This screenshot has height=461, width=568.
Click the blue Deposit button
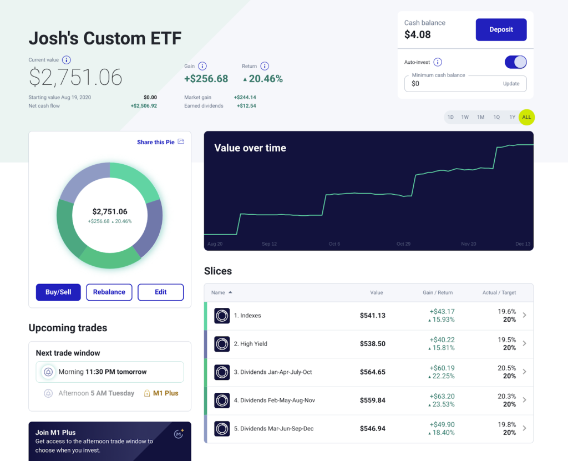[501, 29]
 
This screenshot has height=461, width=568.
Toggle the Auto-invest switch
[515, 62]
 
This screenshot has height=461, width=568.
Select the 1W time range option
[465, 117]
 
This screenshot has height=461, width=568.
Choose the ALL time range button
[526, 117]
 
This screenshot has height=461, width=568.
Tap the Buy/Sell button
[58, 292]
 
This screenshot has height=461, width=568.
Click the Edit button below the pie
[160, 292]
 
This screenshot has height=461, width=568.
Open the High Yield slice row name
[253, 344]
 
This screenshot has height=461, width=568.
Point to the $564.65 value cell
[372, 372]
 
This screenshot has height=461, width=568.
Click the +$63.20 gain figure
[443, 396]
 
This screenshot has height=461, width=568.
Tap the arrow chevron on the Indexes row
[524, 316]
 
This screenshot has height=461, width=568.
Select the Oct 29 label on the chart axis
[403, 244]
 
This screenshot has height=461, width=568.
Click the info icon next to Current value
[66, 60]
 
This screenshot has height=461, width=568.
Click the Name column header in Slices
[219, 292]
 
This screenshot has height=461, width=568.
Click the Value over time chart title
[250, 148]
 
